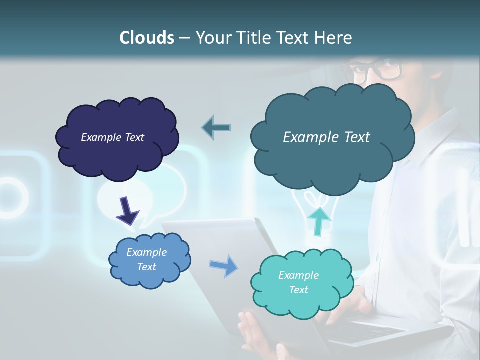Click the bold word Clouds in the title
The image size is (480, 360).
pos(147,37)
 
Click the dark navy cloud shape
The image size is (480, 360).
pos(75,160)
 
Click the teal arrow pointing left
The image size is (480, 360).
pos(216,127)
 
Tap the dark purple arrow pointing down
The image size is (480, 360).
pos(127,210)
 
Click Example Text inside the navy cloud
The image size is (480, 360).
pos(112,137)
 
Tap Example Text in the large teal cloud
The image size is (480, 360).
pos(326,137)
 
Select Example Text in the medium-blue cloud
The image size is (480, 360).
pos(147,259)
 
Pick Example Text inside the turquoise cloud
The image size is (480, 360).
pos(298,282)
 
